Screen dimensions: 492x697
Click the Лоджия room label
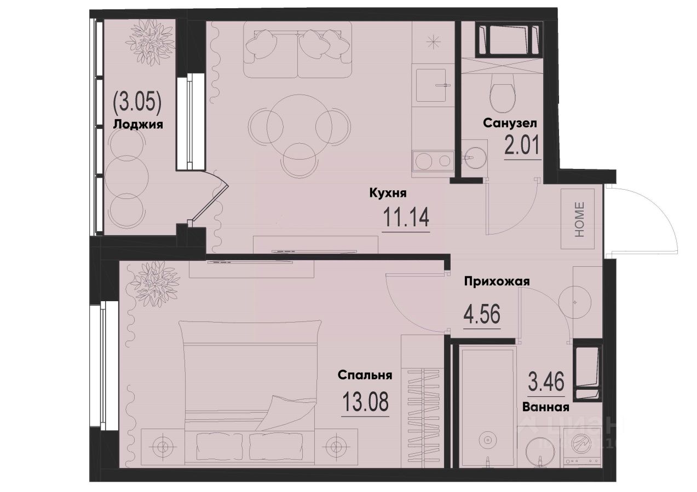(138, 124)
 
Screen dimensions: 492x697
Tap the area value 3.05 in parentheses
(138, 102)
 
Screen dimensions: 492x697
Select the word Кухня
(387, 193)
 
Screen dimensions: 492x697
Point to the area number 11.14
(405, 219)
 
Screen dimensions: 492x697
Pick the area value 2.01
(521, 146)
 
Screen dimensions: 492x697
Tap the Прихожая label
(497, 281)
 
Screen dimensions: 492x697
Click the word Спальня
(365, 375)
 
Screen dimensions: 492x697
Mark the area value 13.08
(365, 403)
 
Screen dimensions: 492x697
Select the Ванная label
(545, 407)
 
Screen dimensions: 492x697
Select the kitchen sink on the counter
(433, 85)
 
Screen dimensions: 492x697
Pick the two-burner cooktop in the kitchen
(432, 160)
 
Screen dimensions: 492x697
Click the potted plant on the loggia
(148, 41)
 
